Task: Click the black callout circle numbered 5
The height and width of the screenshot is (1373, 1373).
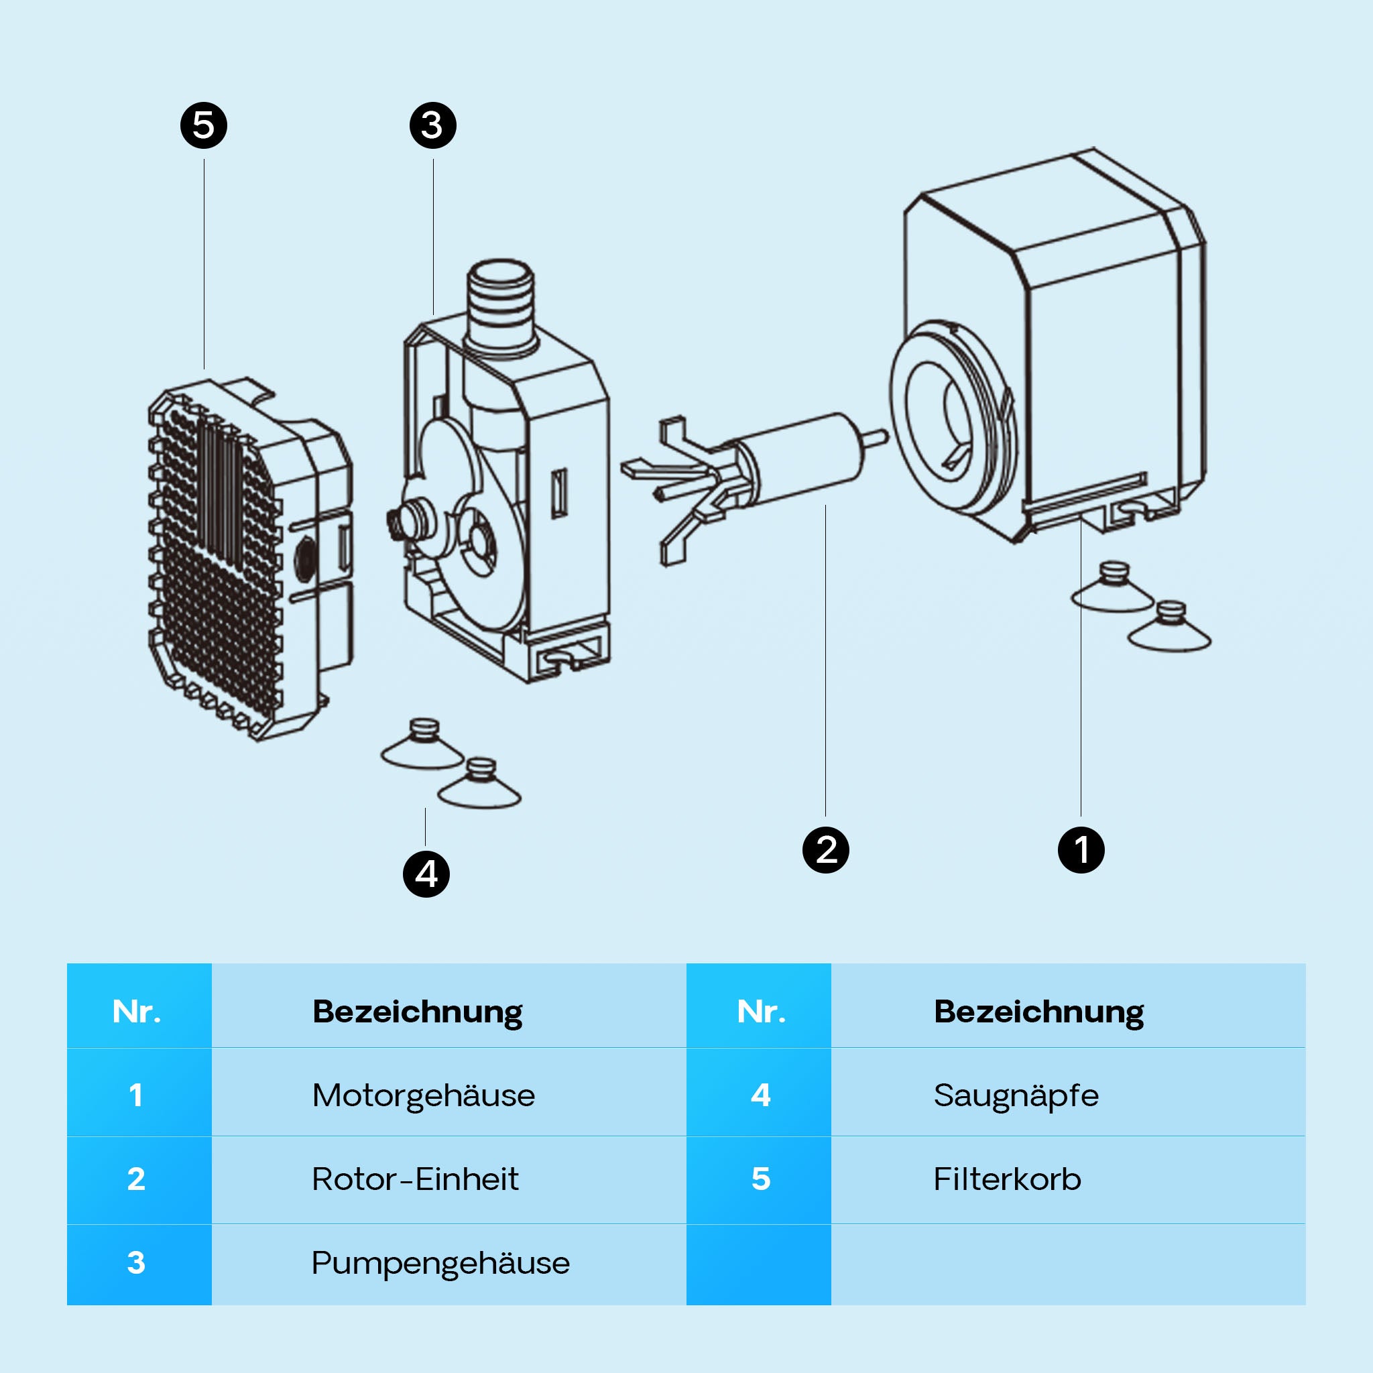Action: click(203, 126)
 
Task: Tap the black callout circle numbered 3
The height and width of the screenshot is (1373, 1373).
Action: click(433, 126)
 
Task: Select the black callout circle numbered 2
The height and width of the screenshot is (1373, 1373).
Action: click(825, 850)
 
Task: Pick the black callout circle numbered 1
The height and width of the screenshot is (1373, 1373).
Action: click(1081, 850)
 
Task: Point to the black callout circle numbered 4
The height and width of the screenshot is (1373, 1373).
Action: click(426, 874)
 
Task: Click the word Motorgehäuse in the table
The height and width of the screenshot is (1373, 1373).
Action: click(424, 1096)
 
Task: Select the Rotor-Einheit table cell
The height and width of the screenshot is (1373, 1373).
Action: click(415, 1180)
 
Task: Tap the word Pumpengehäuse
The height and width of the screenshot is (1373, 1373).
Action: click(440, 1264)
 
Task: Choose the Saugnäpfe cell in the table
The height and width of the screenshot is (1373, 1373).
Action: click(1016, 1096)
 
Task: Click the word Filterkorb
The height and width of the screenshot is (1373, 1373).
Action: click(1007, 1180)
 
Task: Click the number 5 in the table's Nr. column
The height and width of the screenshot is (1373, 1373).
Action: click(760, 1180)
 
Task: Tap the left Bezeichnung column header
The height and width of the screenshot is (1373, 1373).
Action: click(417, 1012)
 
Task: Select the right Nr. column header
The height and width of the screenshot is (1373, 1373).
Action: click(760, 1012)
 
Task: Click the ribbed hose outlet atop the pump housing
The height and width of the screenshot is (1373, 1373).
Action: click(500, 302)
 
